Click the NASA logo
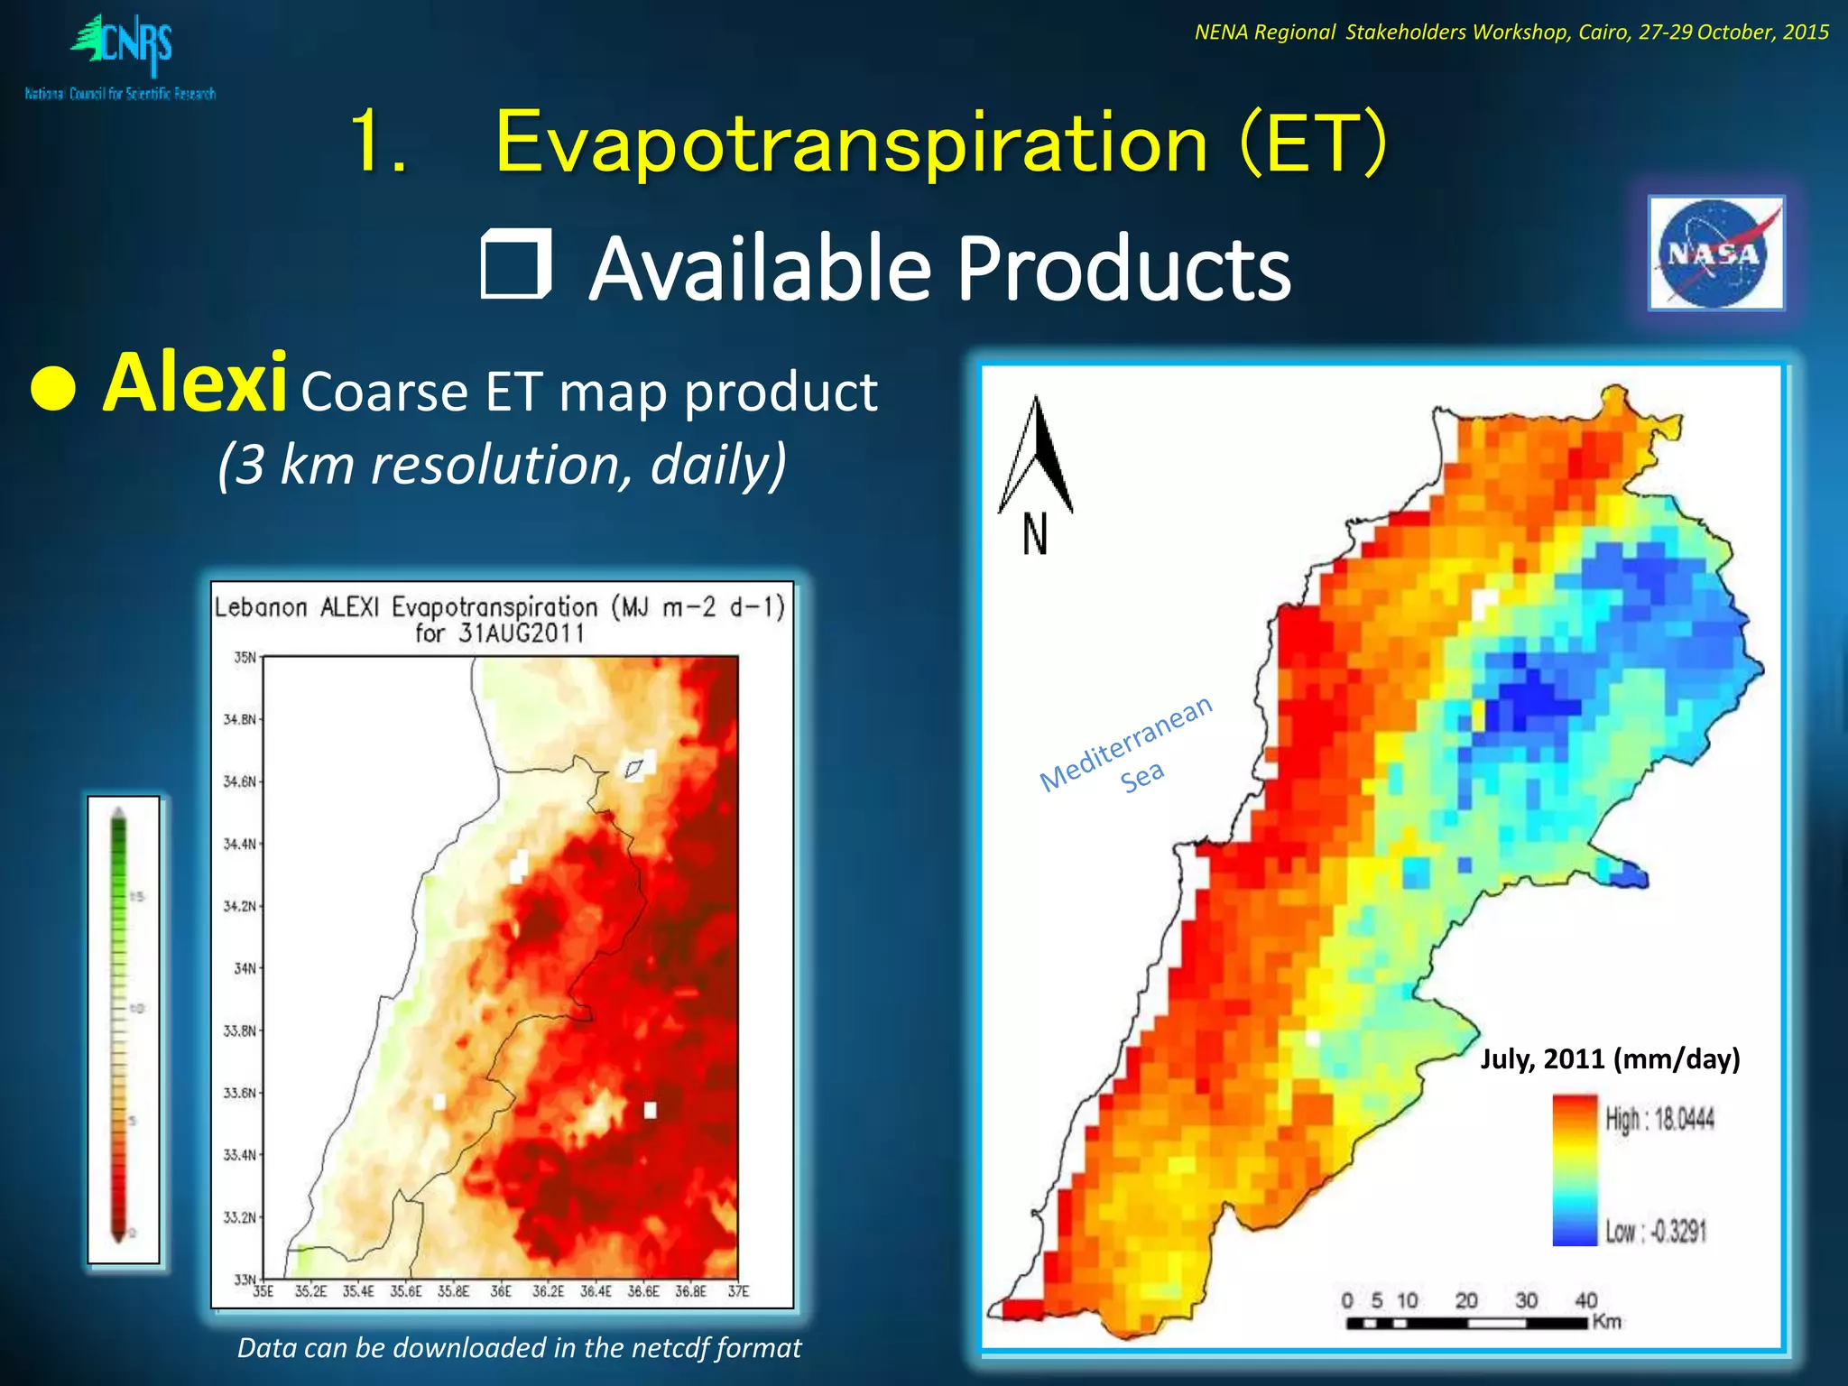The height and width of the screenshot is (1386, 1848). [x=1715, y=253]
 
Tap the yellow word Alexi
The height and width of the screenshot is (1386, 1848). [x=195, y=384]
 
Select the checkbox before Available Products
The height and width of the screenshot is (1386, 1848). [x=516, y=263]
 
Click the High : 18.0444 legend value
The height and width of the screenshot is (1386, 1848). [x=1659, y=1120]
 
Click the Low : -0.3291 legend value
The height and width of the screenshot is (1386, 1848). [x=1656, y=1232]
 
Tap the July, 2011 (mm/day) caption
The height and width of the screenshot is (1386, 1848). [x=1610, y=1058]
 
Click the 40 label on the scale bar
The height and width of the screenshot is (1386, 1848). [x=1585, y=1300]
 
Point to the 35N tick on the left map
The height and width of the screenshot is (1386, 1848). [x=245, y=657]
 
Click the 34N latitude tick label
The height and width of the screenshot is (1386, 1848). [x=245, y=968]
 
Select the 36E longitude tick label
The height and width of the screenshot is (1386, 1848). [x=501, y=1292]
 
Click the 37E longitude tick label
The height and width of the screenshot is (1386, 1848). [x=738, y=1292]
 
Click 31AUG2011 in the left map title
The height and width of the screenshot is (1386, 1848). [x=521, y=633]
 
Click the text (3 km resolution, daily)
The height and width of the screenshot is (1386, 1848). [x=503, y=465]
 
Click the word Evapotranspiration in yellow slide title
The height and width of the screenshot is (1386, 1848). [x=851, y=142]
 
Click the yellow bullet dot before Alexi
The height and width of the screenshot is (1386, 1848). [x=53, y=390]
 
